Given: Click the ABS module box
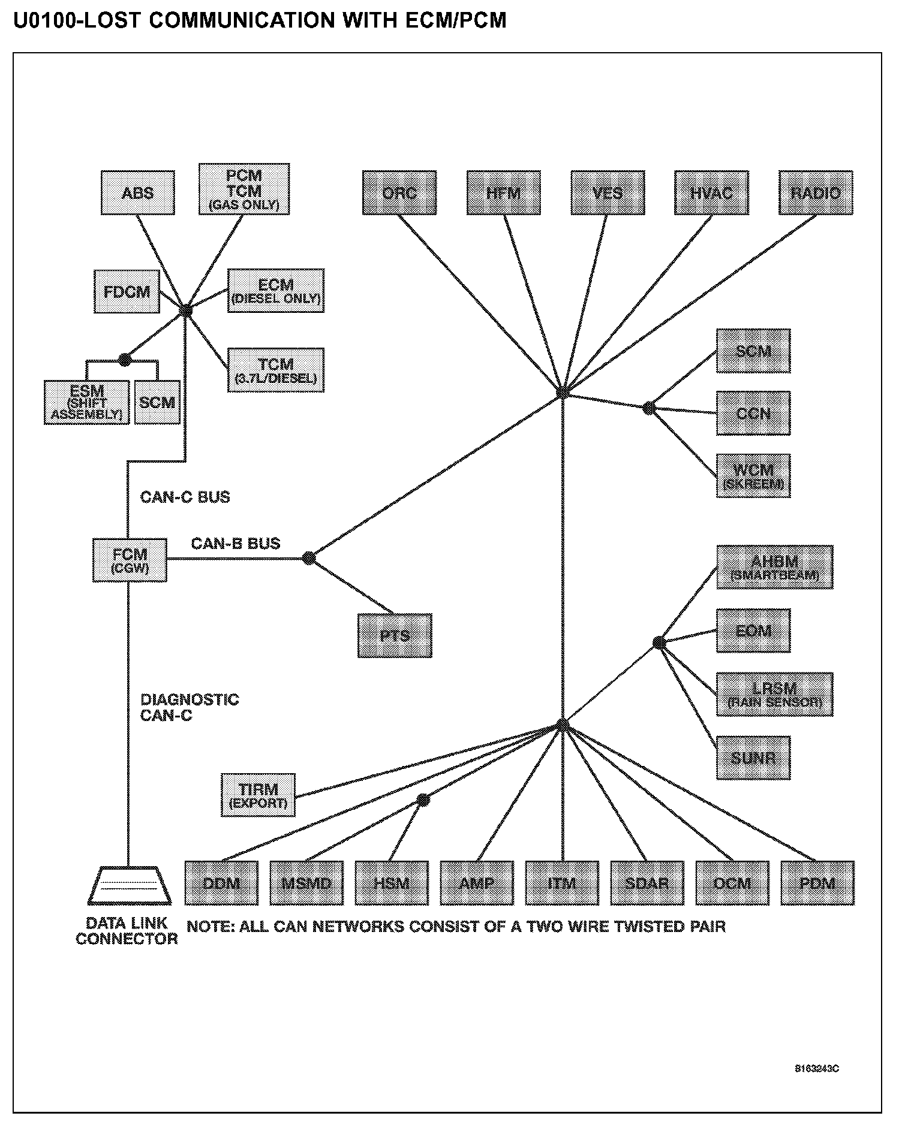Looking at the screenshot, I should pos(138,193).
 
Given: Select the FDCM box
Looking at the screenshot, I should pos(127,291).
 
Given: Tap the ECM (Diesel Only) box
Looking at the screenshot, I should pos(276,291).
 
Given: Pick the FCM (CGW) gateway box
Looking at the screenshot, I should pos(130,560).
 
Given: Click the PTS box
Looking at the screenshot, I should pos(395,636).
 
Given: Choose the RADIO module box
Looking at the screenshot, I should pos(816,193).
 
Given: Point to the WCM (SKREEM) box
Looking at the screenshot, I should pos(753,476).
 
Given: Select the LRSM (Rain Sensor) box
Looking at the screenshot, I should pos(774,694).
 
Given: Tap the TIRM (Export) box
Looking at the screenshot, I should pos(258,795).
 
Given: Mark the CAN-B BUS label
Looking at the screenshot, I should pos(236,544).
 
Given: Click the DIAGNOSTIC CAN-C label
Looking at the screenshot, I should pos(190,707).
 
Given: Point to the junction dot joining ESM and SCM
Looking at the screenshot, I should pos(124,360).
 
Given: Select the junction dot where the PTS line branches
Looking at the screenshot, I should pos(308,559).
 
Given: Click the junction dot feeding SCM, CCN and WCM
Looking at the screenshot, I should pos(649,408).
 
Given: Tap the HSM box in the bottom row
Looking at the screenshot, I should pos(392,883).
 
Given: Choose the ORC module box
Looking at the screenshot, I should pos(399,193).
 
